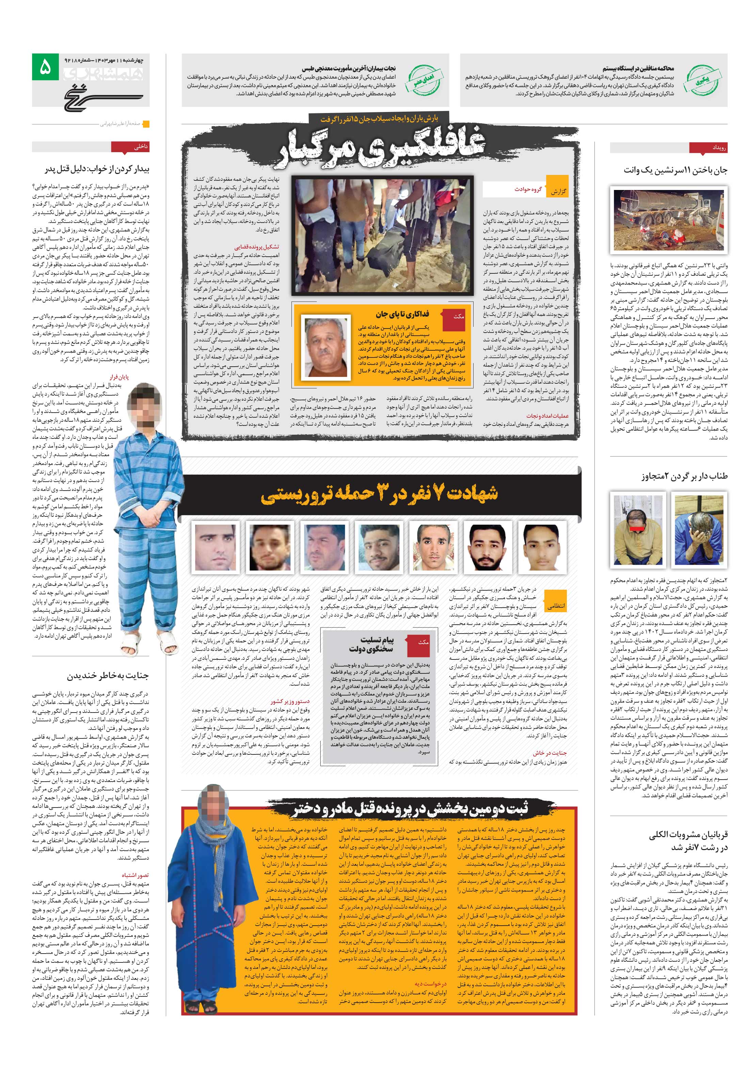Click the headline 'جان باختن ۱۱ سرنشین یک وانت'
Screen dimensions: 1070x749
[x=675, y=171]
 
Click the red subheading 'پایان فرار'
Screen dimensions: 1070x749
[x=118, y=377]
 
